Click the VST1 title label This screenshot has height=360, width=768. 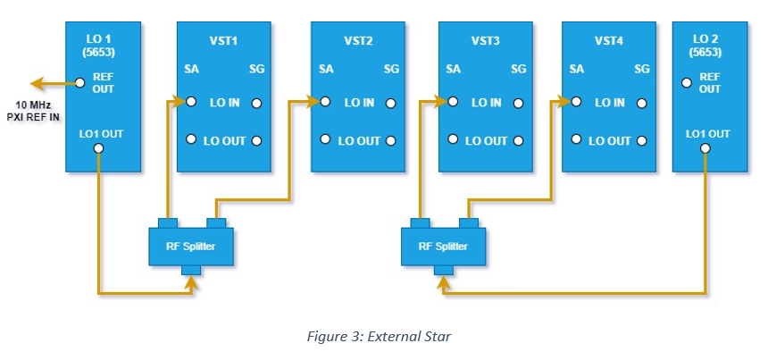(x=223, y=41)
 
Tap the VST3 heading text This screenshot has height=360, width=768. (x=486, y=41)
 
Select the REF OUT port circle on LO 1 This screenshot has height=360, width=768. (x=80, y=83)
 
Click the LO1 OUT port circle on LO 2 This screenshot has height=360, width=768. (x=705, y=148)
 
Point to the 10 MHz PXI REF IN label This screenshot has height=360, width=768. (x=33, y=112)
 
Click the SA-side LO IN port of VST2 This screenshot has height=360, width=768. (x=325, y=102)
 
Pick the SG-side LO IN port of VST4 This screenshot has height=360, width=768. (x=641, y=104)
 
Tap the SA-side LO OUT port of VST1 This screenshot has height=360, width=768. (x=191, y=139)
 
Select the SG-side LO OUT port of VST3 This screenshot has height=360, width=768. (x=518, y=141)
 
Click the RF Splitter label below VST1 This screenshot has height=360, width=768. (x=190, y=246)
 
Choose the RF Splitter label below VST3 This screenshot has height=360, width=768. (x=443, y=246)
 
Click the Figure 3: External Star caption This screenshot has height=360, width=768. (x=379, y=337)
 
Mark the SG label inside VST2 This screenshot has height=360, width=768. (x=391, y=69)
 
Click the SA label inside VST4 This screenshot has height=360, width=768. (x=577, y=69)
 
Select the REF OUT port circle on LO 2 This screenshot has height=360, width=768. (x=687, y=83)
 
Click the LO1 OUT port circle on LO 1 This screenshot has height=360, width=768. (x=98, y=148)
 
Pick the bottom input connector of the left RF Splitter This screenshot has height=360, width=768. (x=191, y=271)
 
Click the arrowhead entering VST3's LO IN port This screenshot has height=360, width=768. (x=442, y=102)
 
